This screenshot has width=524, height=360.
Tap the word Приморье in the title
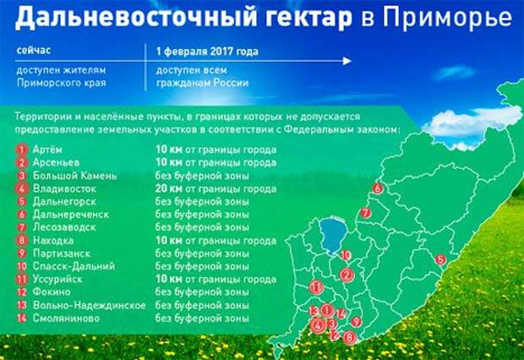(447, 17)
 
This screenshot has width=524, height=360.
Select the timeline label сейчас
(34, 51)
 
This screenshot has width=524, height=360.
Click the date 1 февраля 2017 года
(207, 52)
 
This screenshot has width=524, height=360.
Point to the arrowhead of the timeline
(347, 61)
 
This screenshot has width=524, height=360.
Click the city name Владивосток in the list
(64, 188)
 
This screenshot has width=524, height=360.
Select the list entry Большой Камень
(75, 176)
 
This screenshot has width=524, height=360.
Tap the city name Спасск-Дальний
(74, 266)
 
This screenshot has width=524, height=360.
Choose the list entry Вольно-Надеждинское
(90, 305)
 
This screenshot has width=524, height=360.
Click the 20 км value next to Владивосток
(168, 188)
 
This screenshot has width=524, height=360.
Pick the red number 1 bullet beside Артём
(22, 150)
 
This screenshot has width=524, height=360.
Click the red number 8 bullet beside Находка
(22, 240)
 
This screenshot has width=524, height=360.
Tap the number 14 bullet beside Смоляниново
(22, 318)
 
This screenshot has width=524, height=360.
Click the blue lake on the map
(333, 236)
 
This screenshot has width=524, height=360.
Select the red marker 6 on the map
(378, 188)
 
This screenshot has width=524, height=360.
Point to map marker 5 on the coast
(441, 259)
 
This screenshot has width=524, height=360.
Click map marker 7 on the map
(366, 213)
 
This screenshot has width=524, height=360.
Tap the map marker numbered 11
(316, 287)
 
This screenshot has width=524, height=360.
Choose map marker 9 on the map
(357, 322)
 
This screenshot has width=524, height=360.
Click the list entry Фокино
(52, 292)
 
